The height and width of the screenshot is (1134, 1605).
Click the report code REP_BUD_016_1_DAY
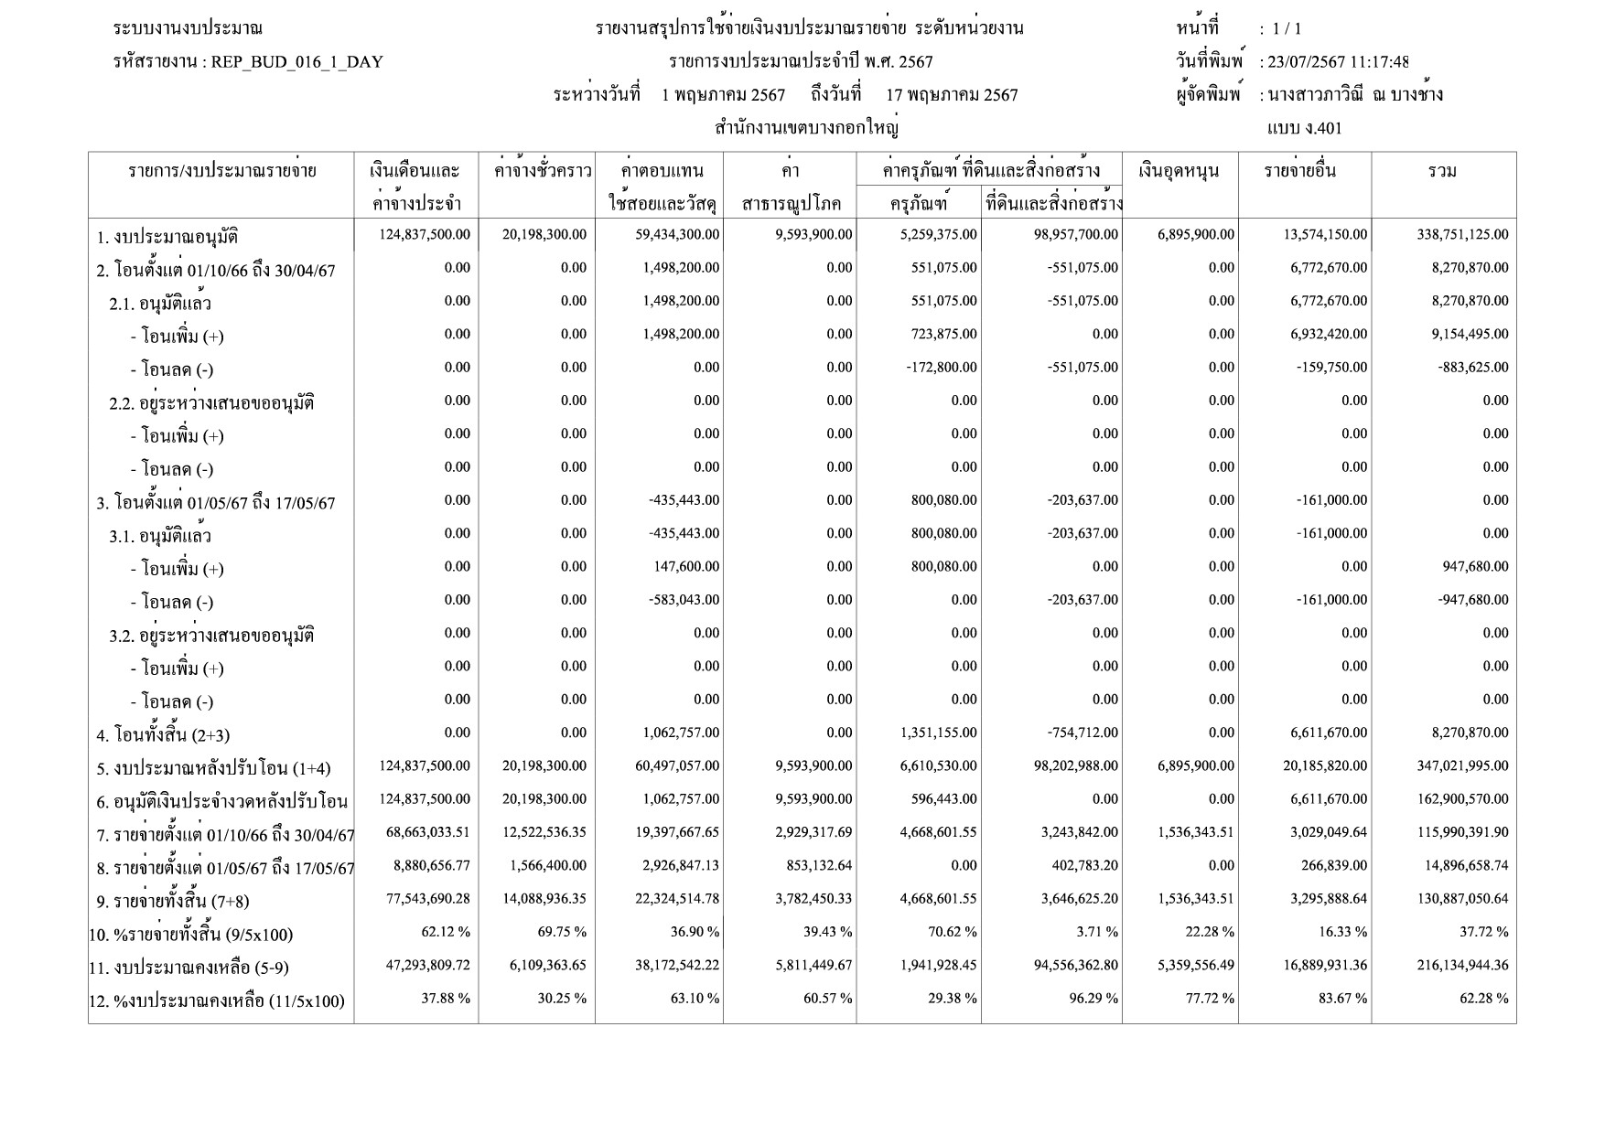coord(296,62)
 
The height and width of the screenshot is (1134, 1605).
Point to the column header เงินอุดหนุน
coord(1180,171)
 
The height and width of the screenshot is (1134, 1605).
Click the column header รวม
coord(1442,171)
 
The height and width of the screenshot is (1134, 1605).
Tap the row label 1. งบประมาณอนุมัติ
coord(167,238)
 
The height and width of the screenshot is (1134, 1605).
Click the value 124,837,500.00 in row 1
coord(425,235)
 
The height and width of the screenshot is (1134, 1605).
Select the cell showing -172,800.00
coord(940,368)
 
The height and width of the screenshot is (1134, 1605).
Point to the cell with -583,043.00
coord(682,600)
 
